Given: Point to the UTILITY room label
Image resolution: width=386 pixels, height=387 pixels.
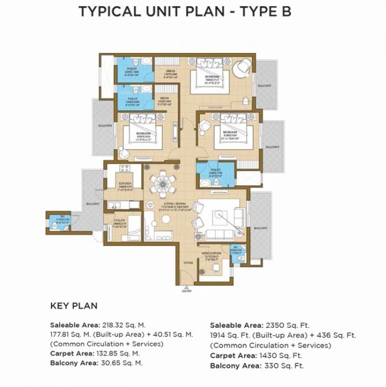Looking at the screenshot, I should [120, 220].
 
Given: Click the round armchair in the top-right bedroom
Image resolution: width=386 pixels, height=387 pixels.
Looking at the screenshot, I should [241, 69].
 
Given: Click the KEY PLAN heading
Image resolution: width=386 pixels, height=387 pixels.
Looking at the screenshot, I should [73, 306].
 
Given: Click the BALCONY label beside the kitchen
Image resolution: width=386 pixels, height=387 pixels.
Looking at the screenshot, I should [92, 204].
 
